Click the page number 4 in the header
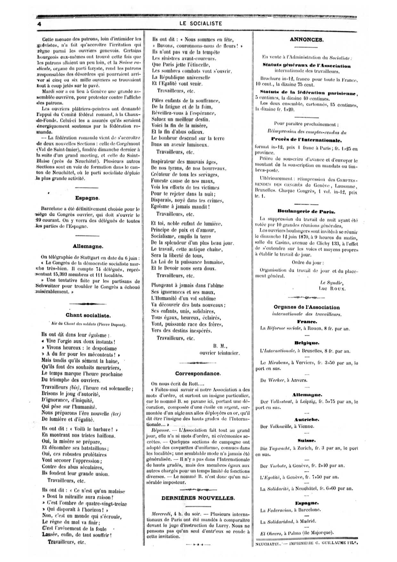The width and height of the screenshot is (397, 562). [x=39, y=24]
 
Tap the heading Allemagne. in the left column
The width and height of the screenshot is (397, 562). [x=87, y=247]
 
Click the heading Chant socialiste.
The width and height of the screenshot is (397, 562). [x=88, y=315]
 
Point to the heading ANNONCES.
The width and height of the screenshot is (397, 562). [x=306, y=40]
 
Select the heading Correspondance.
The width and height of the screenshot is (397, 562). [x=198, y=373]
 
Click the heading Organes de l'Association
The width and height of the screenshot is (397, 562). [x=307, y=307]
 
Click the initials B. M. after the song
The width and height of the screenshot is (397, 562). [x=220, y=346]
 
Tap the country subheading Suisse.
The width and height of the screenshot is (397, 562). [x=307, y=440]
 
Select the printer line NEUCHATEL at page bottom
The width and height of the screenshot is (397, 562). [x=267, y=543]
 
